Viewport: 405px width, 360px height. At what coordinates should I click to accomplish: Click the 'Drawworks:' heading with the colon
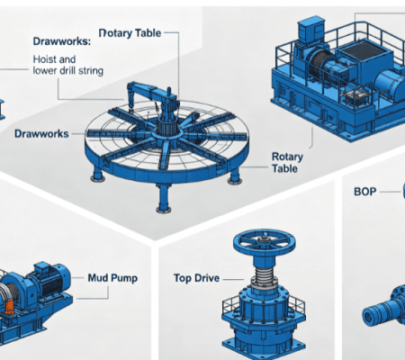coord(62,41)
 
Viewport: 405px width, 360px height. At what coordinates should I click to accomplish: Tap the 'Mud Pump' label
coord(112,278)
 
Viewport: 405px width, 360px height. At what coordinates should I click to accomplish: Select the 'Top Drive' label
coord(196,278)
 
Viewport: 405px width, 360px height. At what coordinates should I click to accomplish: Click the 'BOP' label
coord(365,192)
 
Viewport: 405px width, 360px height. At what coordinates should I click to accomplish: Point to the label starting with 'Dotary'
coord(130,33)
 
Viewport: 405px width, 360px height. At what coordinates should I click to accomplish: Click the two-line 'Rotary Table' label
coord(287,163)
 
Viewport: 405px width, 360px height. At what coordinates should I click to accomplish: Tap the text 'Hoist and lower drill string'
coord(68,65)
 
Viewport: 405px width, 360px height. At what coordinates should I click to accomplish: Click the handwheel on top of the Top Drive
coord(265,241)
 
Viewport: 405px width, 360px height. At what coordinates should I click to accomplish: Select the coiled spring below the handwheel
coord(265,276)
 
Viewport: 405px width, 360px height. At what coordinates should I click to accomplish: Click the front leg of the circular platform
coord(164,198)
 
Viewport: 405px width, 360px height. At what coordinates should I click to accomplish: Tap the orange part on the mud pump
coord(9,307)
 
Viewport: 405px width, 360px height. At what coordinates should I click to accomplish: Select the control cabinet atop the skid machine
coord(311,29)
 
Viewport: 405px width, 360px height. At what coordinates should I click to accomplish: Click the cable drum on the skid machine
coord(320,64)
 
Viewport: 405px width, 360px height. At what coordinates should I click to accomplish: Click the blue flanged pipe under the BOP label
coord(383,309)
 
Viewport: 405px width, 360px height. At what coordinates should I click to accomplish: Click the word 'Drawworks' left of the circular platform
coord(41,134)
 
